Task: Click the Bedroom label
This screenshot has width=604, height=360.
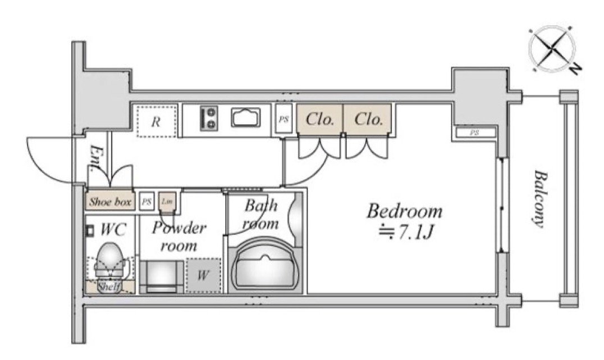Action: (404, 212)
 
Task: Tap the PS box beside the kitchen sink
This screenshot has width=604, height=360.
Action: (283, 120)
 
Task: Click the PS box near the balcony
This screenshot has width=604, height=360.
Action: (474, 133)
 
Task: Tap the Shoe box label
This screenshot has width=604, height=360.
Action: (110, 202)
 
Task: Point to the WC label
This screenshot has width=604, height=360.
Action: (113, 229)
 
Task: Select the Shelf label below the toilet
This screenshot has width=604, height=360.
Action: (108, 287)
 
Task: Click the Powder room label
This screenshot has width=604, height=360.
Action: (180, 236)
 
